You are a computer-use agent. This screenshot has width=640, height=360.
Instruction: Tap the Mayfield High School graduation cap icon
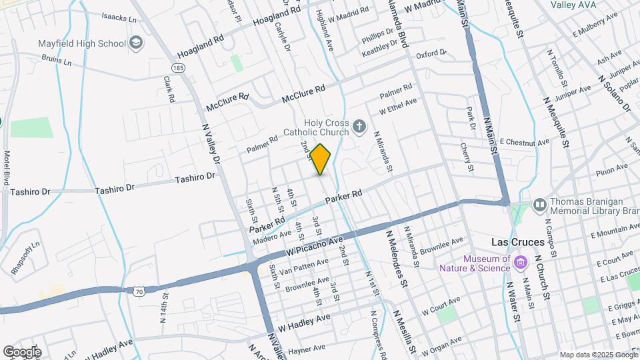[x=137, y=44]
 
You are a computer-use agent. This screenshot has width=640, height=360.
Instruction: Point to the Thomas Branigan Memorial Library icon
[x=539, y=204]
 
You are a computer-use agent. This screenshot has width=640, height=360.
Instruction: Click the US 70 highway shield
[x=138, y=291]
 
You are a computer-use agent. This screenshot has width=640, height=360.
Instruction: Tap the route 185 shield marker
[x=177, y=68]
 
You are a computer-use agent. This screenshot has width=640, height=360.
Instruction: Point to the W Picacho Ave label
[x=315, y=247]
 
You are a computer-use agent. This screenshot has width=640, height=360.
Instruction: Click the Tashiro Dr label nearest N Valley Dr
[x=196, y=177]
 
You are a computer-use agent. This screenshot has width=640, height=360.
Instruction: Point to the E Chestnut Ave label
[x=524, y=142]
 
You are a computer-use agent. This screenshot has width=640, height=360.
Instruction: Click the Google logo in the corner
[x=21, y=351]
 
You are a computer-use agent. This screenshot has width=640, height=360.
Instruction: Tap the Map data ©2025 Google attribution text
[x=598, y=355]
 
